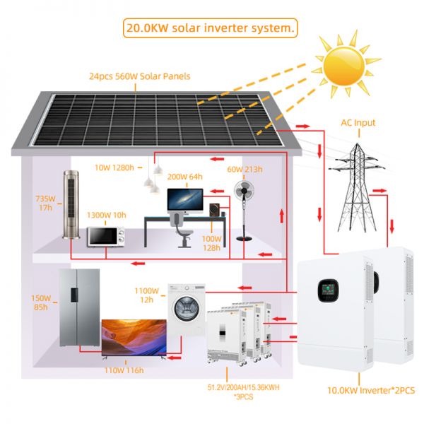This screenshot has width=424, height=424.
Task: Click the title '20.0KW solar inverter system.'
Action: coord(210,28)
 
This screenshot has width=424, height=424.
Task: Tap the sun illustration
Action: coord(344,66)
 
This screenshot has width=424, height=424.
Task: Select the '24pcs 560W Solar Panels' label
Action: coord(140,76)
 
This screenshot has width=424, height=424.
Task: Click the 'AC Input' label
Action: coord(358,123)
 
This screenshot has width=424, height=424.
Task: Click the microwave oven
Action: coord(106,236)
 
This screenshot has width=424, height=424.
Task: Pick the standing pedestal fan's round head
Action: coord(244,190)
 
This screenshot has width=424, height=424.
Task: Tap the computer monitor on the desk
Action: coord(185,201)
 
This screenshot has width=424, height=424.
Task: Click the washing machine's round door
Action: coord(187,308)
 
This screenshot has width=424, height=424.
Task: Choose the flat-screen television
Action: coord(134,338)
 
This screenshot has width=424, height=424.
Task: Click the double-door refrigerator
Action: coord(79,307)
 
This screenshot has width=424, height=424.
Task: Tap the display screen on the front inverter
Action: coord(329,290)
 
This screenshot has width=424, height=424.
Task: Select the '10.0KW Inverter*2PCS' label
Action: coord(371,391)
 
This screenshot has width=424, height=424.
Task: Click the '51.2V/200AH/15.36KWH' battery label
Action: coord(243,387)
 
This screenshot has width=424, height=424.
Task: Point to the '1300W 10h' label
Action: coord(106,215)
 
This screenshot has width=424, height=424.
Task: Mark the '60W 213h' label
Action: coord(245,170)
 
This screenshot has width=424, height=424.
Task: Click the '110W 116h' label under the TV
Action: coord(124,370)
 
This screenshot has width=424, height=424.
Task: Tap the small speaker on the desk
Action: coord(215,210)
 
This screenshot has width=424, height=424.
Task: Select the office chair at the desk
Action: coord(182,230)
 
